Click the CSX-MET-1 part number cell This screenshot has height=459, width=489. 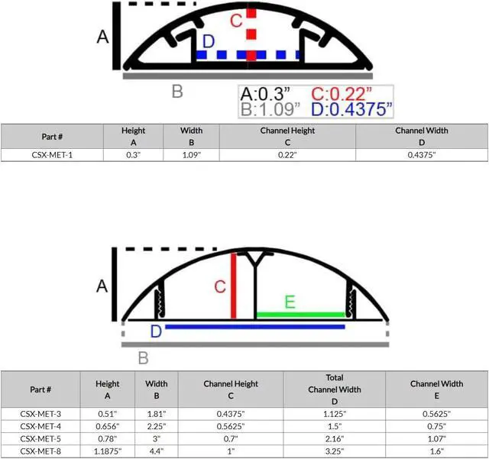[x=52, y=155]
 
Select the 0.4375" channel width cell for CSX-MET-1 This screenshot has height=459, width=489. [x=422, y=155]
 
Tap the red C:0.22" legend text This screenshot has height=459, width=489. [x=342, y=94]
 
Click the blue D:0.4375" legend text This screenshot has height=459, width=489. [x=351, y=109]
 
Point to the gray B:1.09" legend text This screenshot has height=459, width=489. [x=270, y=109]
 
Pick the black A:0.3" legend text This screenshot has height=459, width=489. [x=265, y=94]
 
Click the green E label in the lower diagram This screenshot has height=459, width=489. [x=290, y=302]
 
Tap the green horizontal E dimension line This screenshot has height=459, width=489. [x=300, y=315]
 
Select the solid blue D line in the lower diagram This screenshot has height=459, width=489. [x=255, y=327]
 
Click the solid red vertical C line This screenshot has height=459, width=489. [x=233, y=286]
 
